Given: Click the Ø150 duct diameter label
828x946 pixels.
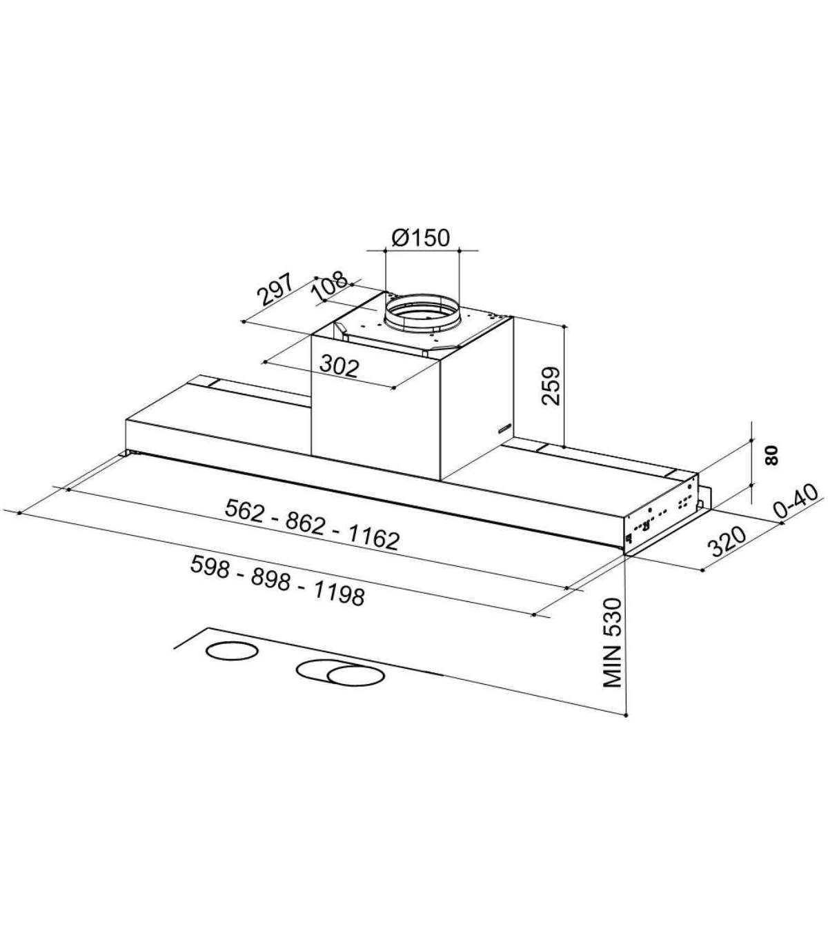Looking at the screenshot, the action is point(420,239).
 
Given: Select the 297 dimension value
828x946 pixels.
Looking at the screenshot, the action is point(276,290).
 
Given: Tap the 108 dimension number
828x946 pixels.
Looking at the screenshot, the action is point(330,287).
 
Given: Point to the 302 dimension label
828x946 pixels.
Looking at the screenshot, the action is point(339,368).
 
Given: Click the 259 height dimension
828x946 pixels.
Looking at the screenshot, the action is point(551,386).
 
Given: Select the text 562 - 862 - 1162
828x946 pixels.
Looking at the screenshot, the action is point(311,525).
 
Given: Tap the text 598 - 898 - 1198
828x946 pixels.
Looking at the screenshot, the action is point(277,581).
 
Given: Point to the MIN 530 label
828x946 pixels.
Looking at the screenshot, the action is point(611,650).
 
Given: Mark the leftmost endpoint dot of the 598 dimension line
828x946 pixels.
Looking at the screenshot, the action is point(19,513).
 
